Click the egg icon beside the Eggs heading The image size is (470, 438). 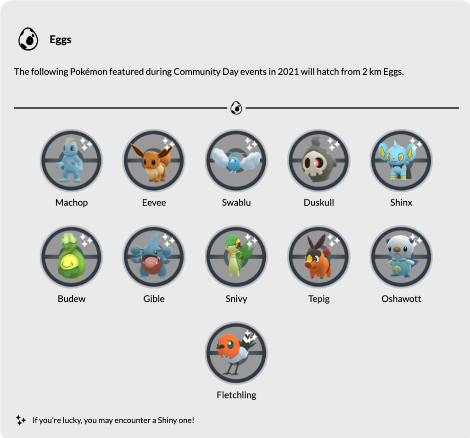(28, 39)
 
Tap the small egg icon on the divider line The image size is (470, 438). (236, 108)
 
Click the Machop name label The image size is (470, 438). (72, 203)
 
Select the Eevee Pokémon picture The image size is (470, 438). (154, 160)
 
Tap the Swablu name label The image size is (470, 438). (236, 203)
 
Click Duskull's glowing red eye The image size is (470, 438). (316, 162)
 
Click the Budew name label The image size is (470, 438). (72, 299)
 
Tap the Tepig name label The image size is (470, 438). (319, 299)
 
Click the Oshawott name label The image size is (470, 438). (401, 299)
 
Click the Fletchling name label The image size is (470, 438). (236, 395)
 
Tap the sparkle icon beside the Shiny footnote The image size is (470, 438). (21, 420)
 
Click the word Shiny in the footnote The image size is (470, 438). (167, 420)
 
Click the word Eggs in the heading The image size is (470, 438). (61, 40)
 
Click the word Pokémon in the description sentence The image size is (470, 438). (89, 72)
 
